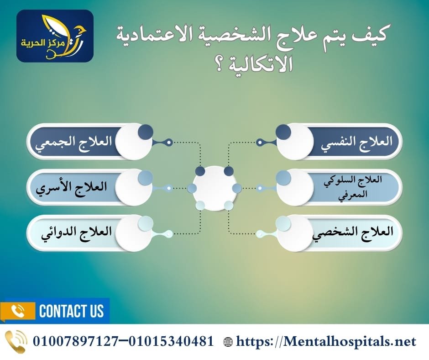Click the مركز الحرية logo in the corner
(x=55, y=36)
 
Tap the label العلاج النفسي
(x=358, y=142)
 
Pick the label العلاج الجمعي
(x=73, y=142)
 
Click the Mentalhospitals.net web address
(x=326, y=341)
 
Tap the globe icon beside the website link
(x=228, y=341)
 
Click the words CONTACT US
(x=72, y=312)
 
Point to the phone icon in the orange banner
(x=18, y=312)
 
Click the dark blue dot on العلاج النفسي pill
(x=283, y=132)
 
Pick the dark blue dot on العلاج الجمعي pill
(x=146, y=132)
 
